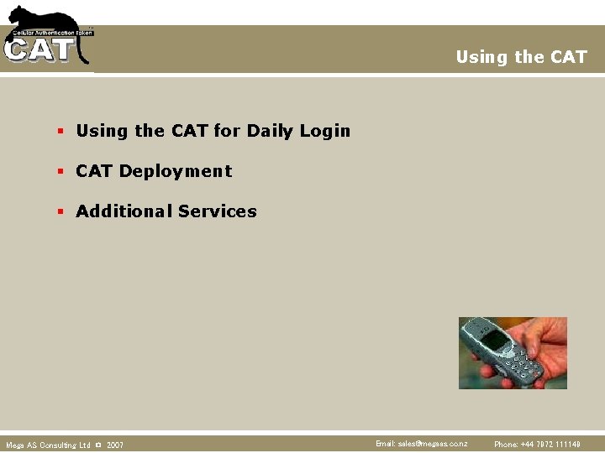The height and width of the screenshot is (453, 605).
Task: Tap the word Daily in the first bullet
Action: tap(271, 131)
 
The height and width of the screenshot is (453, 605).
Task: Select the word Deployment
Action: tap(176, 171)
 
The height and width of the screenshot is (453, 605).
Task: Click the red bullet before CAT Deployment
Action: tap(60, 172)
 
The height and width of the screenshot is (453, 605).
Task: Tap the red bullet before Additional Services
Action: tap(60, 212)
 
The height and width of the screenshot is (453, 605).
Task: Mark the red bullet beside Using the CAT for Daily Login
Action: tap(60, 132)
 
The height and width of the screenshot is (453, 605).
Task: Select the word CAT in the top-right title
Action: tap(569, 57)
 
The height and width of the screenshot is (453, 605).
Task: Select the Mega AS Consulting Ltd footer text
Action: tap(48, 445)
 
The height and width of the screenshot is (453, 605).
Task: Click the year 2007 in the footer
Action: tap(115, 445)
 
